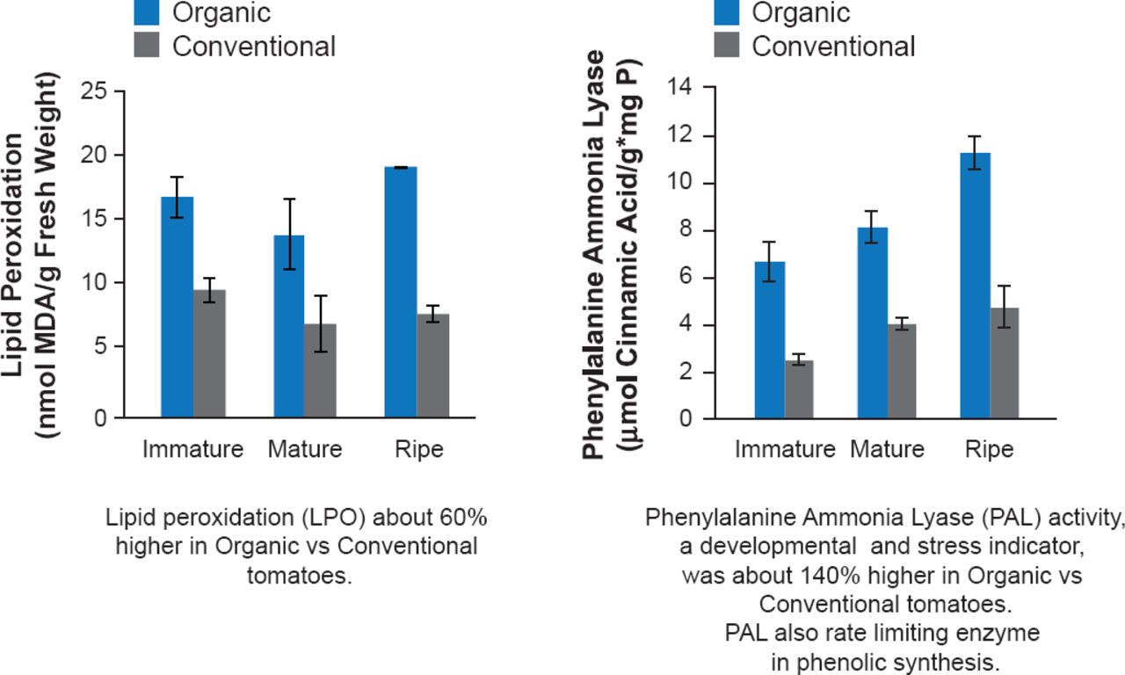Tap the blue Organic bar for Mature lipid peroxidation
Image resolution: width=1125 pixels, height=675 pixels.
click(289, 326)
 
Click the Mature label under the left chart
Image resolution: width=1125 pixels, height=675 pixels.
click(305, 450)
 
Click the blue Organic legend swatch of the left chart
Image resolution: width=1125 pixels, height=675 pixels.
click(145, 12)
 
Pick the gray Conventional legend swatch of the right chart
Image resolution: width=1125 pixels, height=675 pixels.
click(725, 45)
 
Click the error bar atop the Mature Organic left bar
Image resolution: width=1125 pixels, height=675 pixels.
click(289, 234)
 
